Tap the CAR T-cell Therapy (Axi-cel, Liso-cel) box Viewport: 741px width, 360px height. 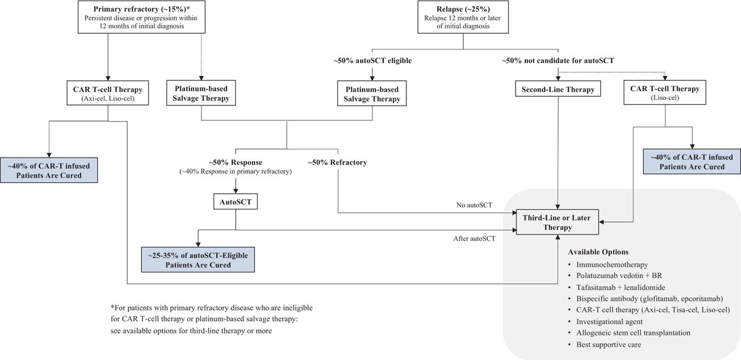107,93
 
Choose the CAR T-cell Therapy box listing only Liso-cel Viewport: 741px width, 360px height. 664,93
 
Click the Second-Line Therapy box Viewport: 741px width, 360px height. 558,90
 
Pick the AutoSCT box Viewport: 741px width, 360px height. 235,201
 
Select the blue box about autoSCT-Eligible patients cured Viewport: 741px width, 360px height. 196,259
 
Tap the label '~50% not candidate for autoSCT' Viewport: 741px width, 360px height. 558,61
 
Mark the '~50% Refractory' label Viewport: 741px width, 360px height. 337,162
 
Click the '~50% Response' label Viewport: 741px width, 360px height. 235,162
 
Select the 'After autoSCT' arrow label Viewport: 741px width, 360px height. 474,237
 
